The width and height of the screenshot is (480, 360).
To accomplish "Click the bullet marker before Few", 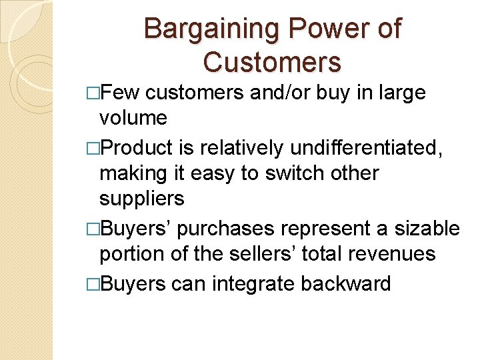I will pyautogui.click(x=93, y=93).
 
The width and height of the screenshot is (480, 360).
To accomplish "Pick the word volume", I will pyautogui.click(x=133, y=118).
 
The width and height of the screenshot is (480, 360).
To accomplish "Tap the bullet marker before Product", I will pyautogui.click(x=93, y=147).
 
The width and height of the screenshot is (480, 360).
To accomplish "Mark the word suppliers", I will pyautogui.click(x=141, y=199).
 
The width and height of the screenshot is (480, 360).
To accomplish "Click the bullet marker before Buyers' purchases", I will pyautogui.click(x=93, y=229).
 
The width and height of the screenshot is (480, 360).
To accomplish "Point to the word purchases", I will pyautogui.click(x=223, y=229).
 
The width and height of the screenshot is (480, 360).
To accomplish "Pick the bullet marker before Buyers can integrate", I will pyautogui.click(x=93, y=283).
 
